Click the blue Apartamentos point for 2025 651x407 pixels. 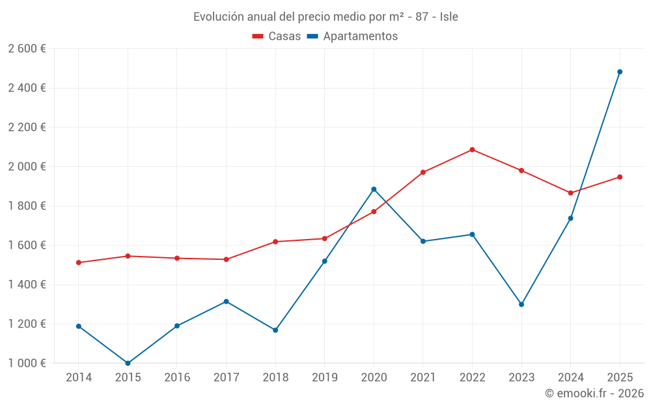[620, 72]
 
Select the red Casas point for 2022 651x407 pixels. [472, 150]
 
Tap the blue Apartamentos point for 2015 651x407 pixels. [128, 363]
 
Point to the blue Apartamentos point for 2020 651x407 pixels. [374, 189]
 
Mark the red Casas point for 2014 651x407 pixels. [79, 262]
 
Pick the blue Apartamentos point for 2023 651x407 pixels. [521, 304]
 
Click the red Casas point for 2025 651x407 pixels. [620, 177]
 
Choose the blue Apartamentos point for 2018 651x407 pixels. [275, 330]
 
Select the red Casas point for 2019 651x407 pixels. [324, 238]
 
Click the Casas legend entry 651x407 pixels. [277, 36]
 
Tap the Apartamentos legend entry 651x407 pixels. [352, 36]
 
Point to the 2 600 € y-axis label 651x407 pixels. [27, 49]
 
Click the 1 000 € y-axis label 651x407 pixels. [27, 363]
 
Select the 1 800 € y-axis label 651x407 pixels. [27, 206]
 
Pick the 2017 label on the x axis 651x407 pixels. [226, 378]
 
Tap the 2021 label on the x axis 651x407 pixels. [423, 378]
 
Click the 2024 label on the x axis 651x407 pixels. [570, 378]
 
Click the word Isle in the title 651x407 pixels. [449, 17]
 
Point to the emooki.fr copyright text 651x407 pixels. [594, 393]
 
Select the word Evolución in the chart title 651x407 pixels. [218, 17]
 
